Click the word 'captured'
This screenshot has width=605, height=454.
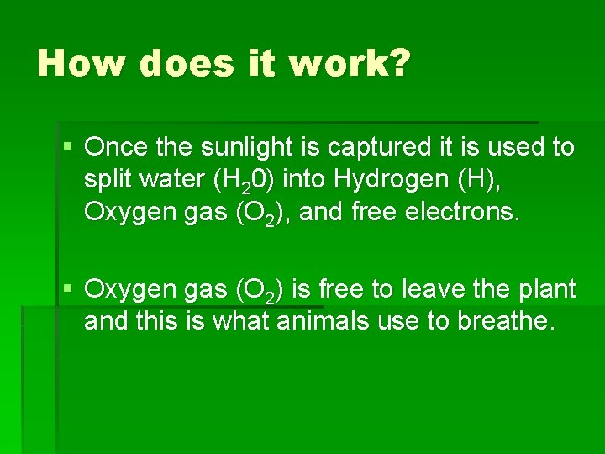pyautogui.click(x=370, y=148)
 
